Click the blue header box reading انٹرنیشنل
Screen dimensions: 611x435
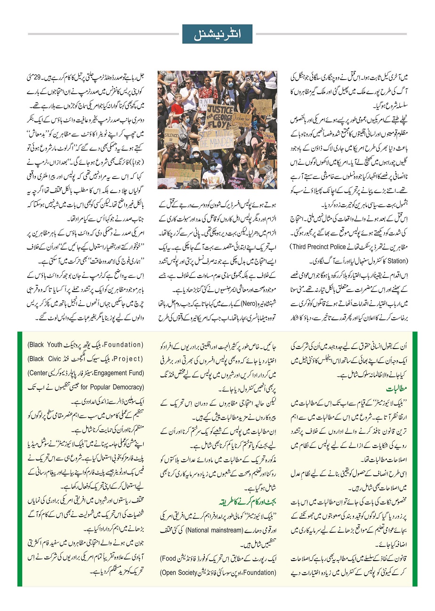[217, 34]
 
